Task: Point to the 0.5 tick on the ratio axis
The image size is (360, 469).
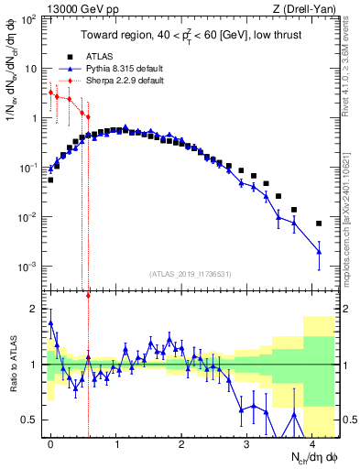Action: point(29,420)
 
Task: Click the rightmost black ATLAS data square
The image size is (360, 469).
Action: point(319,224)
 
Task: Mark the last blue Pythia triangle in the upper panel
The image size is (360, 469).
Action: point(319,252)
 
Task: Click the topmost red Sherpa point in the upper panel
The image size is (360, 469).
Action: point(50,93)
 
